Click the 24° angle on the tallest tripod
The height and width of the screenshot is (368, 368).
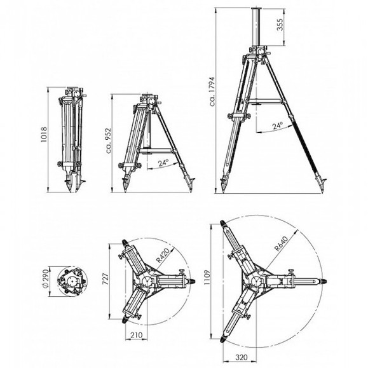[276, 126]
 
